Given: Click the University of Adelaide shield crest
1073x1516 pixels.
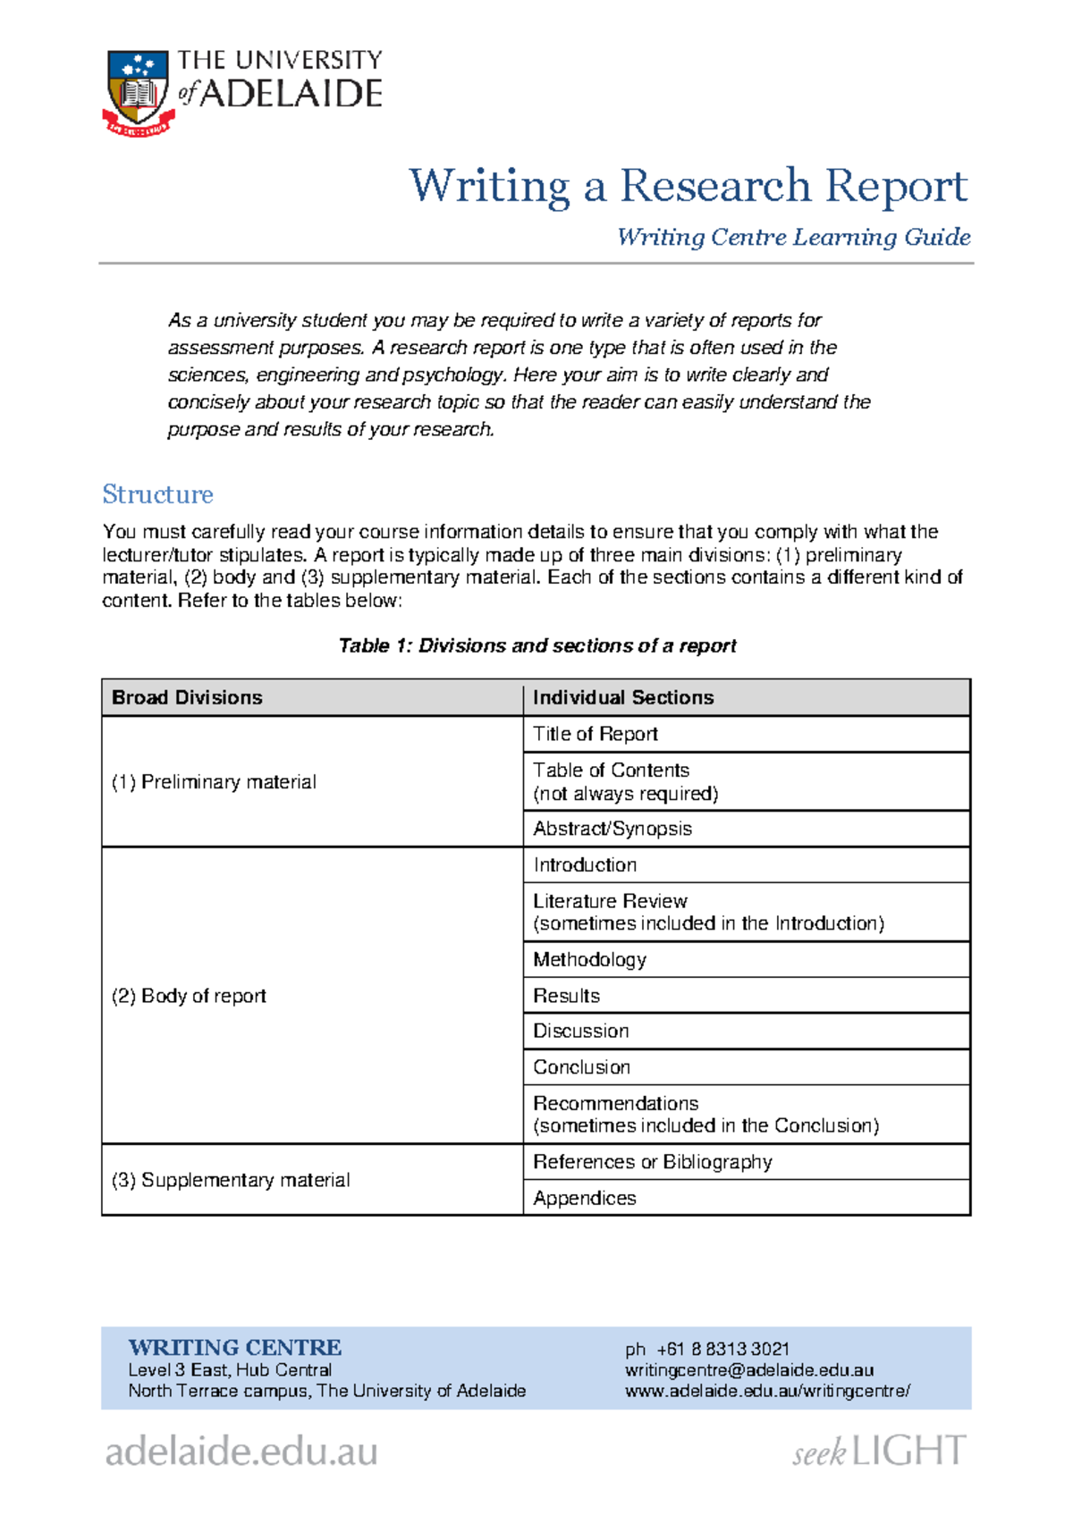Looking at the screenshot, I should click(138, 89).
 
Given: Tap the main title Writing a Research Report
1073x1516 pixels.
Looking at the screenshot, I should click(688, 186).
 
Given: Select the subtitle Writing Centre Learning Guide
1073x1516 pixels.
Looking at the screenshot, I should click(793, 237).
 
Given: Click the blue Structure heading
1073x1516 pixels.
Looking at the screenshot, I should click(157, 494).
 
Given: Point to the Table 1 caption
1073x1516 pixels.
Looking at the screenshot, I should click(536, 645).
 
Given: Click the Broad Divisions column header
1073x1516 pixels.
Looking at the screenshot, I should click(187, 697).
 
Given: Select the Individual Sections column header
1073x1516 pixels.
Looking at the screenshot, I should click(623, 697).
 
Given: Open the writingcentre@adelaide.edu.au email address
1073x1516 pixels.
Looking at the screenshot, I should click(749, 1370).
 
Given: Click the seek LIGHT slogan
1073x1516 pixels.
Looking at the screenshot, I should click(879, 1451).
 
